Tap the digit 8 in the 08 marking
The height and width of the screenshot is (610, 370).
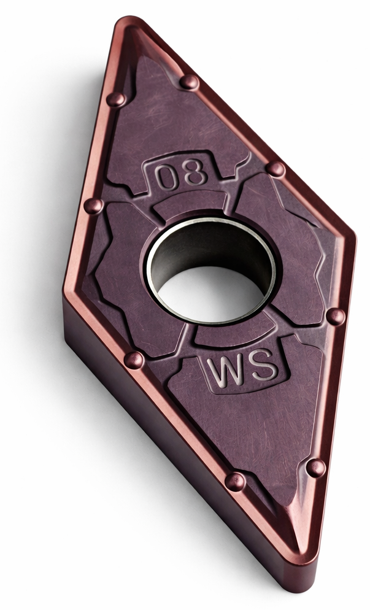[x=195, y=174]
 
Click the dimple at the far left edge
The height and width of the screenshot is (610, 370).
[x=93, y=206]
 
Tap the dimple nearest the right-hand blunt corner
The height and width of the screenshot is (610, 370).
[x=335, y=317]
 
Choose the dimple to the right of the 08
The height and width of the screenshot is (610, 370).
[x=276, y=169]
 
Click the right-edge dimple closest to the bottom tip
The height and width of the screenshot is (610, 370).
[x=315, y=468]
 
